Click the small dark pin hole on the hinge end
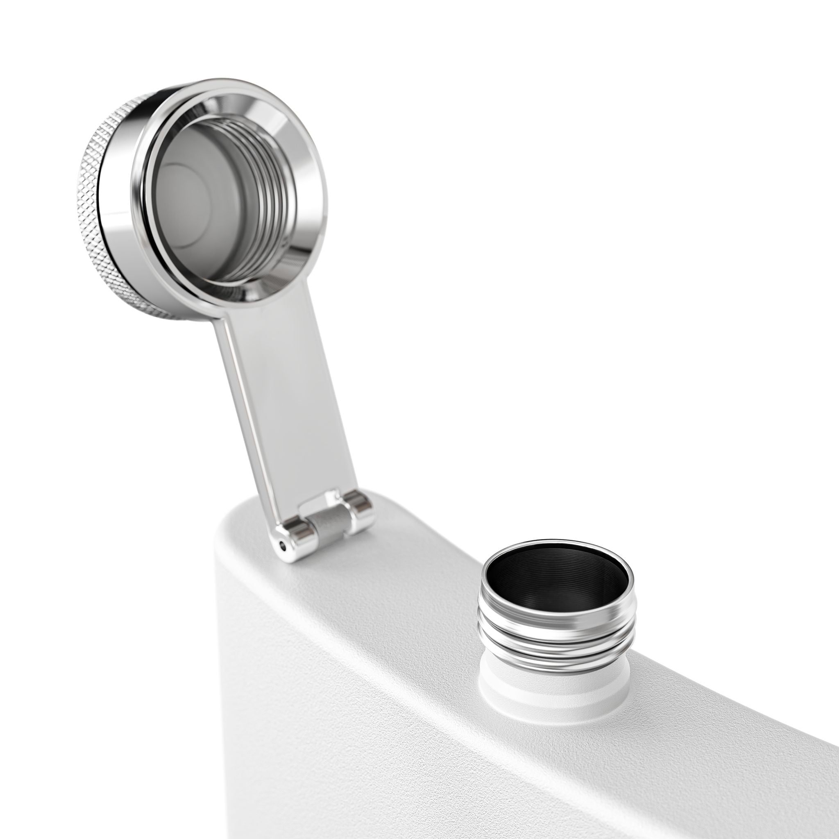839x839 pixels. pyautogui.click(x=283, y=544)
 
